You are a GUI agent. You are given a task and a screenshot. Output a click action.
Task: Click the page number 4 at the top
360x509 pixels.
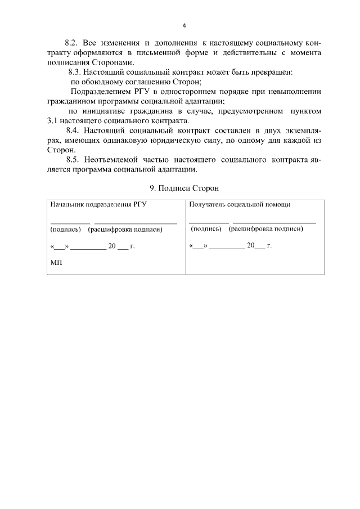click(183, 25)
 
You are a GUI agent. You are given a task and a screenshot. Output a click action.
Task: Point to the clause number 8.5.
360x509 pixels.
click(74, 160)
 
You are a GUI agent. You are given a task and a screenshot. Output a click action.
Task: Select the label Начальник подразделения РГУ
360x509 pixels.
click(98, 205)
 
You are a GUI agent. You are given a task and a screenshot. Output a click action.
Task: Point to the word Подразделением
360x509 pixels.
click(102, 92)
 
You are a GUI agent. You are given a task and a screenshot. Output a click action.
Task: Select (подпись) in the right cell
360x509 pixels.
click(206, 229)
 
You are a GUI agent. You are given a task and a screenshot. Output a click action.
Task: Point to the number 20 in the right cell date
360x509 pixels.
click(251, 246)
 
